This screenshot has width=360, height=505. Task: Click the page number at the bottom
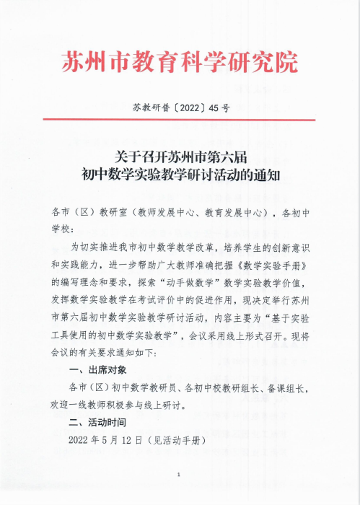[x=179, y=474]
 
